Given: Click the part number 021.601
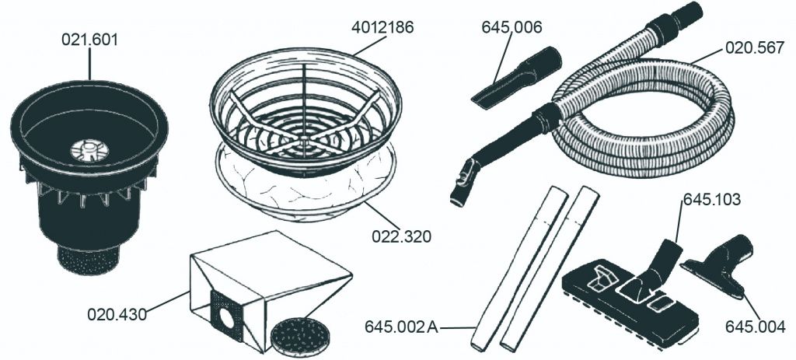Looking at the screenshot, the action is [90, 40].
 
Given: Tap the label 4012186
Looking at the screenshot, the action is [382, 27].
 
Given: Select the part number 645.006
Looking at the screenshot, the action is [511, 27].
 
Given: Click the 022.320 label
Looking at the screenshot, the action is [402, 236].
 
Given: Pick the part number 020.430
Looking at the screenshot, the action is [117, 314].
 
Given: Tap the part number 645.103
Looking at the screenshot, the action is [712, 200].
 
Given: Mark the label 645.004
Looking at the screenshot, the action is [755, 327].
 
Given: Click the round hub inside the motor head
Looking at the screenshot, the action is [89, 150].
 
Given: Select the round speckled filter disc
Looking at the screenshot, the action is [300, 337].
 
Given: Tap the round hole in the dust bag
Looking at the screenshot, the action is [226, 319].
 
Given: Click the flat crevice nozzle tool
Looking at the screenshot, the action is [515, 78].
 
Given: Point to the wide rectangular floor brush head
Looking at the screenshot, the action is [630, 299].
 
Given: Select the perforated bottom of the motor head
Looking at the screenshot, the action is [89, 259].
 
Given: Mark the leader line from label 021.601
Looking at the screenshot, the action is [90, 64].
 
